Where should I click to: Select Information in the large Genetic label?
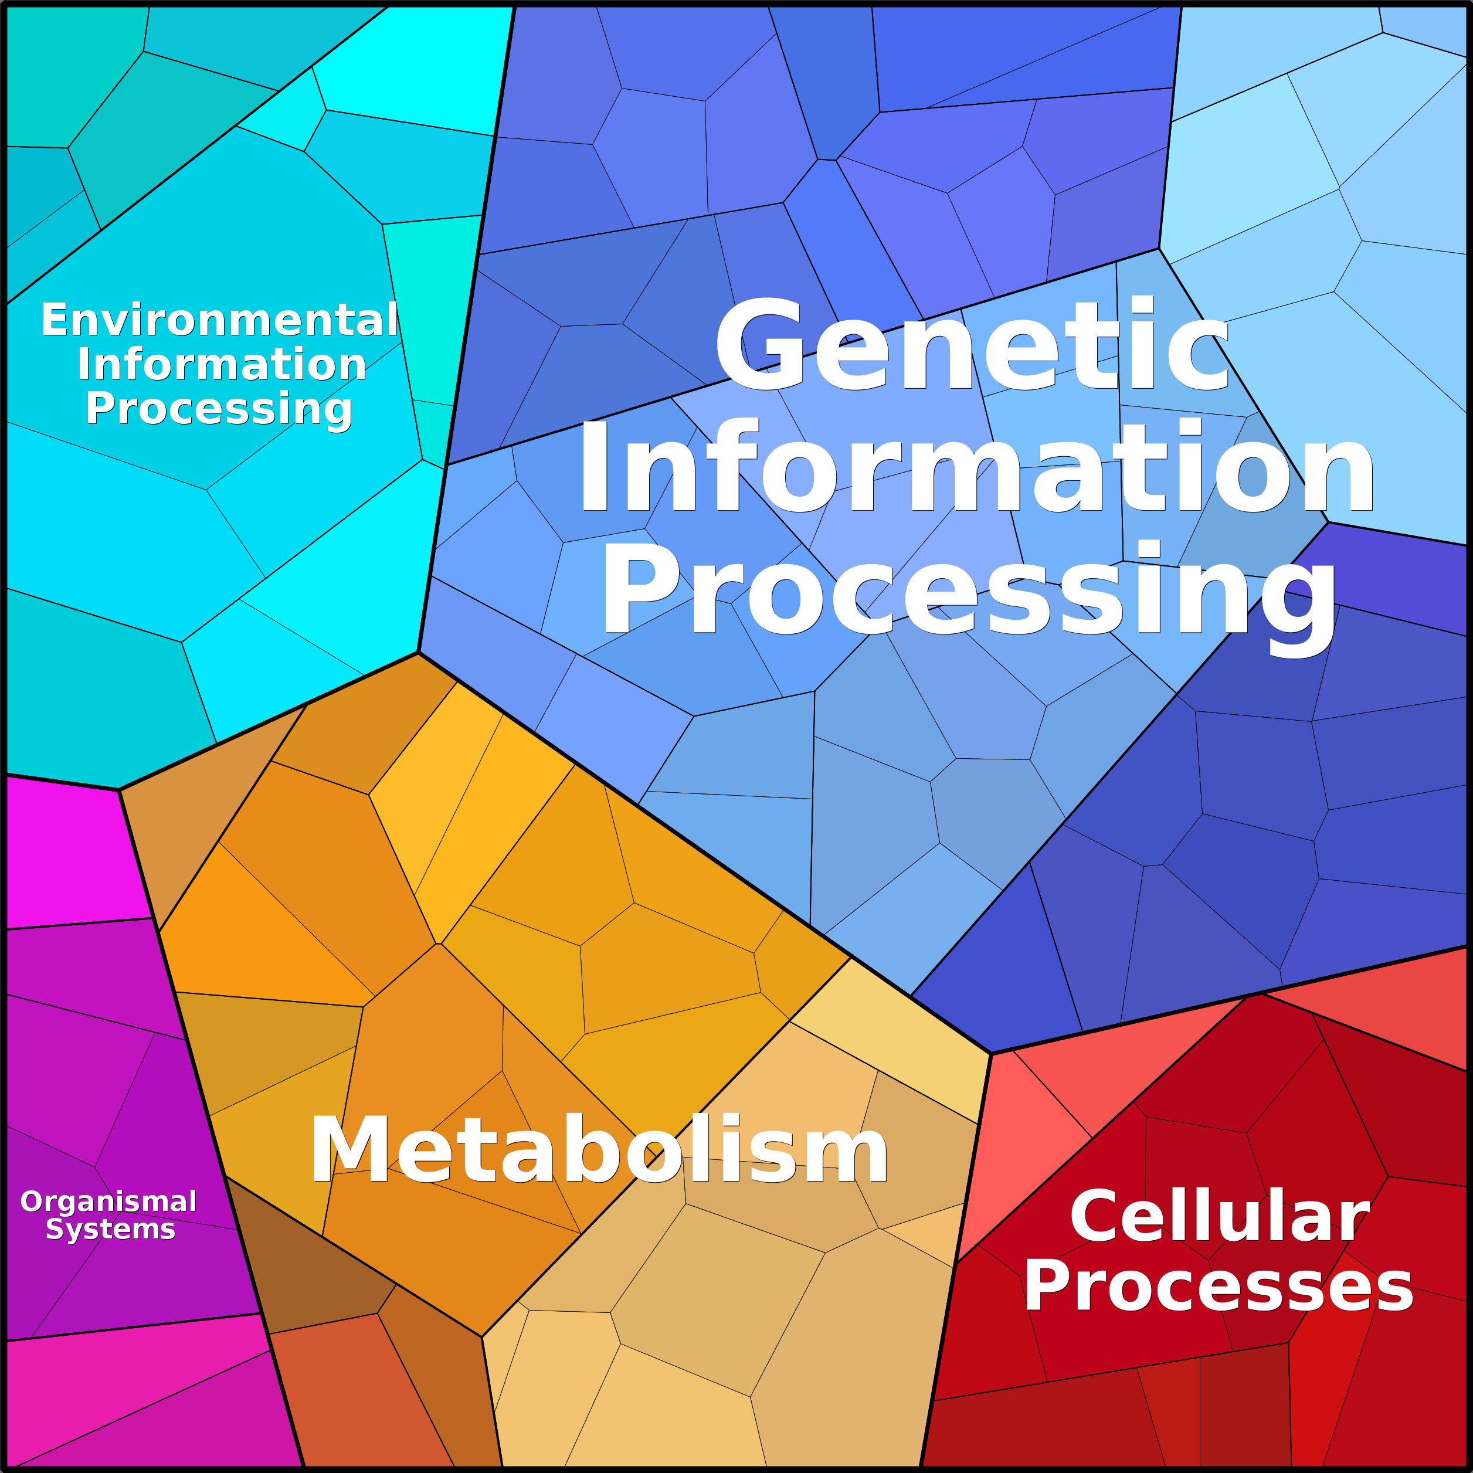(976, 467)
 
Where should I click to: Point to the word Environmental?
(219, 320)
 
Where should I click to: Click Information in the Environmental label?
(222, 364)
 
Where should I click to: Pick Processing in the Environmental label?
(219, 409)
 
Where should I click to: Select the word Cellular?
(1219, 1217)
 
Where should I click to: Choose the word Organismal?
(109, 1202)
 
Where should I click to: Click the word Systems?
(111, 1229)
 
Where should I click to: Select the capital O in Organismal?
(33, 1202)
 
